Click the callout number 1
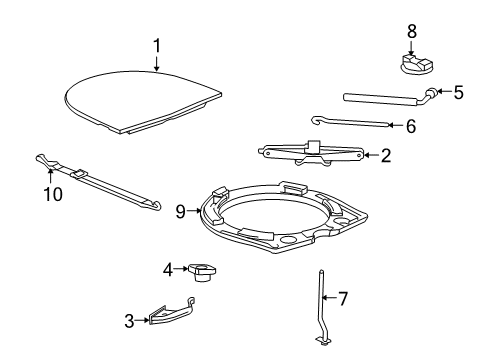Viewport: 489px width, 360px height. click(157, 45)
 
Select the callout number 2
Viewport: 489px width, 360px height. click(385, 155)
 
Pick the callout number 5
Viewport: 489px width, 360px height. click(457, 93)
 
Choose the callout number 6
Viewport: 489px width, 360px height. click(408, 126)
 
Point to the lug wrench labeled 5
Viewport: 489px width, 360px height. click(385, 98)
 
